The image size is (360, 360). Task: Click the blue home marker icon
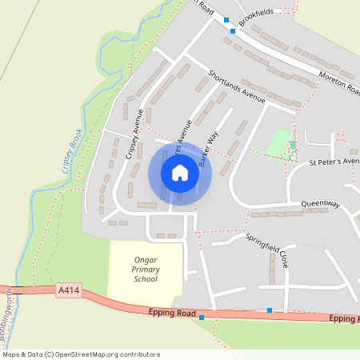coord(180,173)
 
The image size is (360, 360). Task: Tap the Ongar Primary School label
coord(146,269)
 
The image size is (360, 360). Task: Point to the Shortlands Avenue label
coord(236,86)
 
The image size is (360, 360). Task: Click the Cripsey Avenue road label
coord(133,134)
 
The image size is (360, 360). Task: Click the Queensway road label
coord(320,205)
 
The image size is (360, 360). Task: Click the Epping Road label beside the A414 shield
coord(171,313)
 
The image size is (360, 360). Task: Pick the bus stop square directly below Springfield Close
coord(270,310)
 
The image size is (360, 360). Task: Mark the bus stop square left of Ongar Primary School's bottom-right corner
coord(202,318)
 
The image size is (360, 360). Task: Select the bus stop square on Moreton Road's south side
coord(233,31)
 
